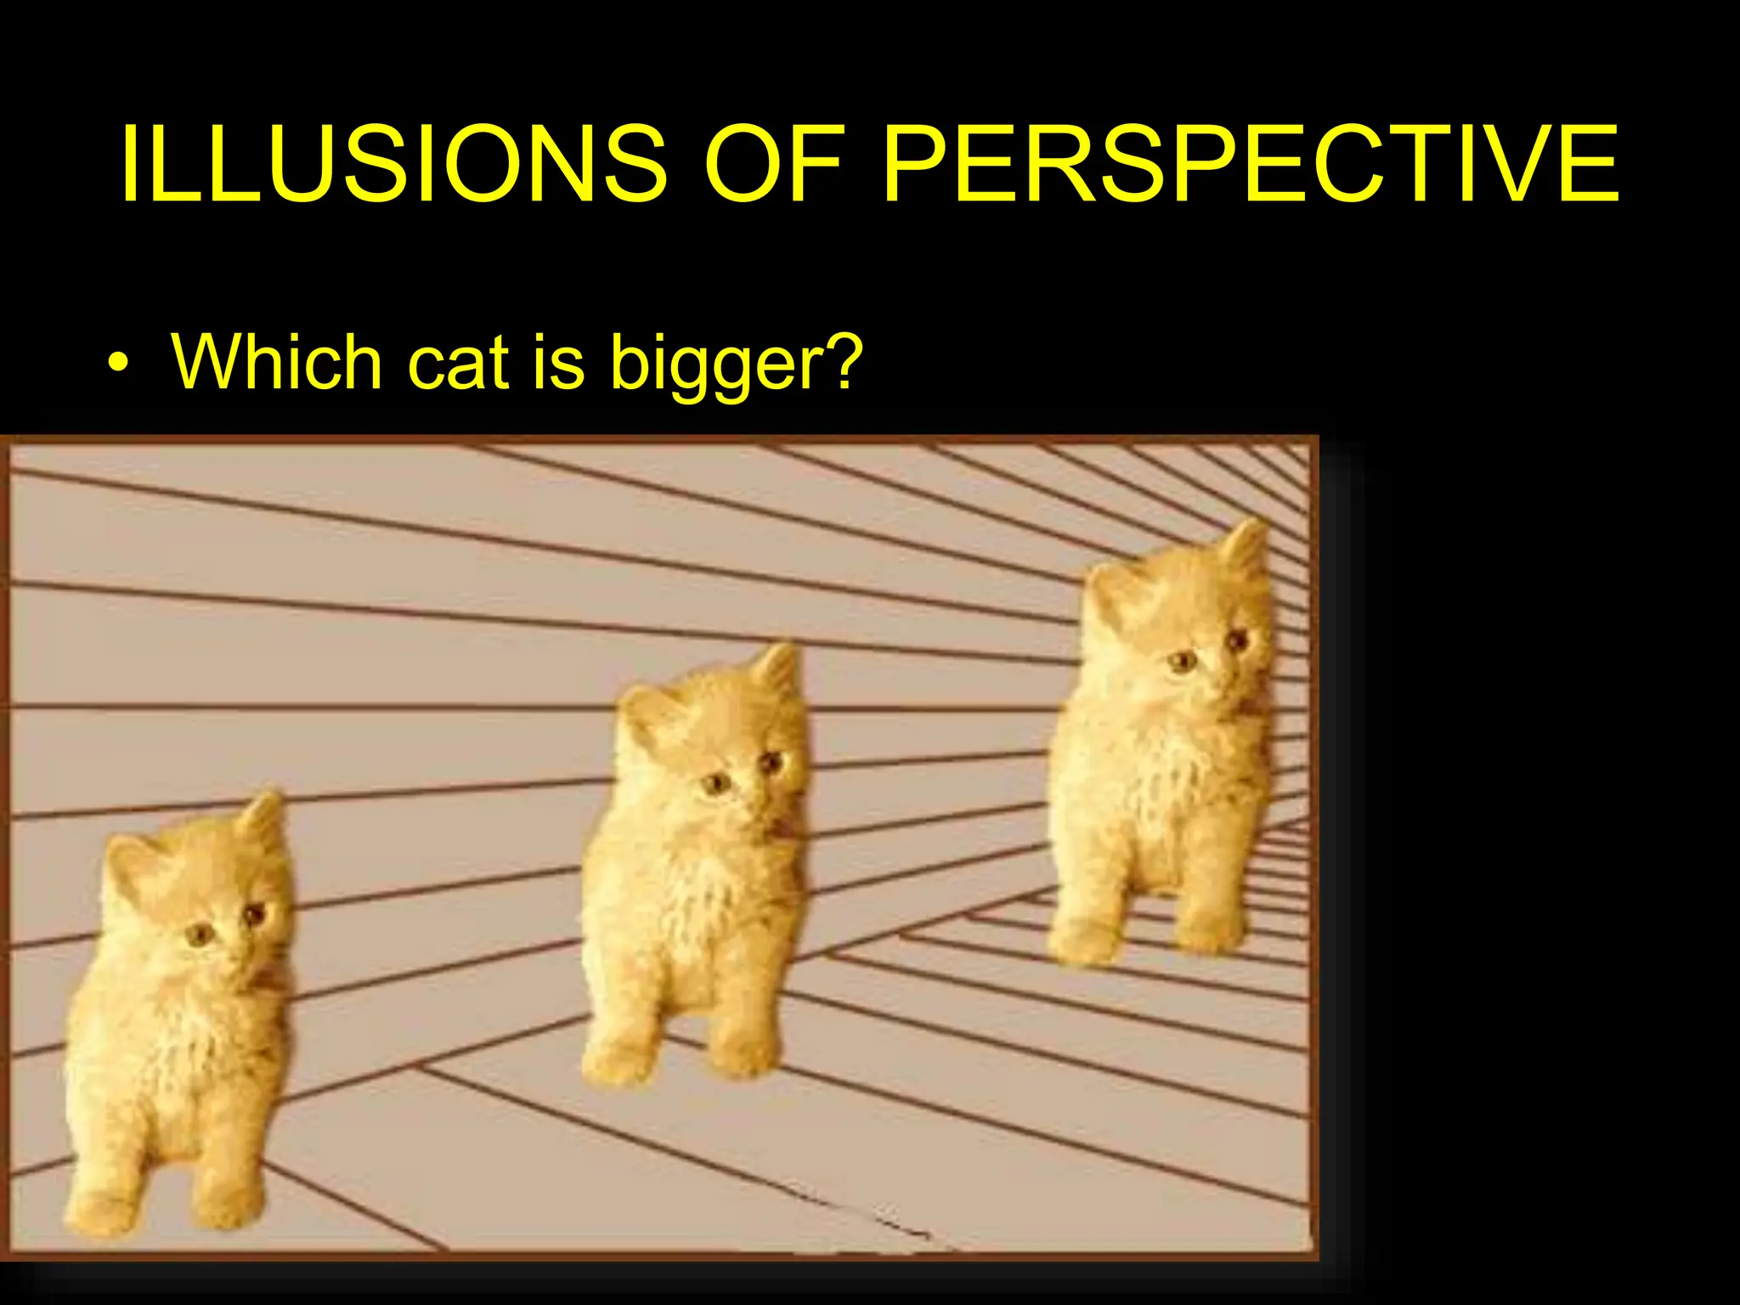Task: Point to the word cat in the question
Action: [x=459, y=363]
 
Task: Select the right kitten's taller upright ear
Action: [x=1246, y=548]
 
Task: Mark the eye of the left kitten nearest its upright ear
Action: [x=253, y=914]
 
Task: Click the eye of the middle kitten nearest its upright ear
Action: [x=770, y=762]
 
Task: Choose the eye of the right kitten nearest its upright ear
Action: [x=1236, y=639]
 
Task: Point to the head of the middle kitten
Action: [x=714, y=748]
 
